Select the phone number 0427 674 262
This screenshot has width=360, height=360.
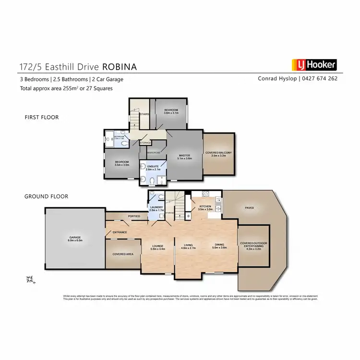(x=322, y=79)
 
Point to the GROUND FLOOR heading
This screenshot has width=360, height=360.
(x=46, y=196)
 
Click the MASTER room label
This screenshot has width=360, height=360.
(x=185, y=156)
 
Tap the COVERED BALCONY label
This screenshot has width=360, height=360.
(x=218, y=153)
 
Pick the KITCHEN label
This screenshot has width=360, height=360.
(x=205, y=207)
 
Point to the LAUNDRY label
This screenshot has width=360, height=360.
(x=157, y=207)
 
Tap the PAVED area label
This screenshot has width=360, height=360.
(x=249, y=208)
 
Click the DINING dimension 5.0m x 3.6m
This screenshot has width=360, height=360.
(x=219, y=248)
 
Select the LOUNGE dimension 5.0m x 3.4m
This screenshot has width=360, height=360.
(x=158, y=248)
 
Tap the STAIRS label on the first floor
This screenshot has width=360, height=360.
(x=143, y=114)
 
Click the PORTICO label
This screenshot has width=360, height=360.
(x=134, y=217)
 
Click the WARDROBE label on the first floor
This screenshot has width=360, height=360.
(x=154, y=153)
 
